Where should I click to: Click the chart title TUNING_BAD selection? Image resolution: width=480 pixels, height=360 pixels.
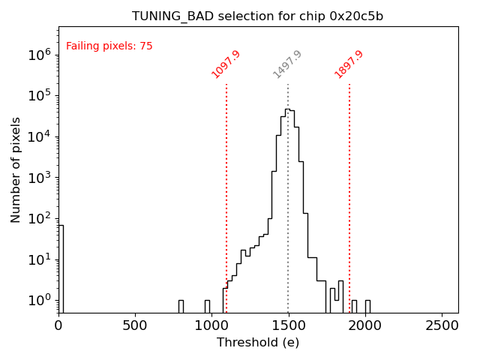(x=258, y=16)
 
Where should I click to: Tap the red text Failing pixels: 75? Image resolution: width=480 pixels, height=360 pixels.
(x=109, y=46)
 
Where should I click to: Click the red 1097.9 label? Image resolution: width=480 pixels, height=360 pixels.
(x=226, y=64)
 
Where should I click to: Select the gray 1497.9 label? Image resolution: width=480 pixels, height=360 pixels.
(x=287, y=64)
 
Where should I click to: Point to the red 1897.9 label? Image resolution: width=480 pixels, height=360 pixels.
(x=349, y=64)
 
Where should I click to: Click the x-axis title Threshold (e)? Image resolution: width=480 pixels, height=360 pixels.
(x=258, y=343)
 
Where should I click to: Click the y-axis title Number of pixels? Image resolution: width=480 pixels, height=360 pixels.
(x=16, y=169)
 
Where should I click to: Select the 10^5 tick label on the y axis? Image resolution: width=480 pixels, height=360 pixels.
(x=39, y=95)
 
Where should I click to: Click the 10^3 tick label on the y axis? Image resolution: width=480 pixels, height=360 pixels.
(x=39, y=177)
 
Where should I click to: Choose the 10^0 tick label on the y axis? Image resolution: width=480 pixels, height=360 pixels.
(x=39, y=300)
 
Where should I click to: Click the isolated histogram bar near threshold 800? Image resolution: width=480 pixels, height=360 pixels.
(x=181, y=306)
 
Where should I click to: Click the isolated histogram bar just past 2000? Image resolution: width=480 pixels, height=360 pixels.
(x=367, y=306)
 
